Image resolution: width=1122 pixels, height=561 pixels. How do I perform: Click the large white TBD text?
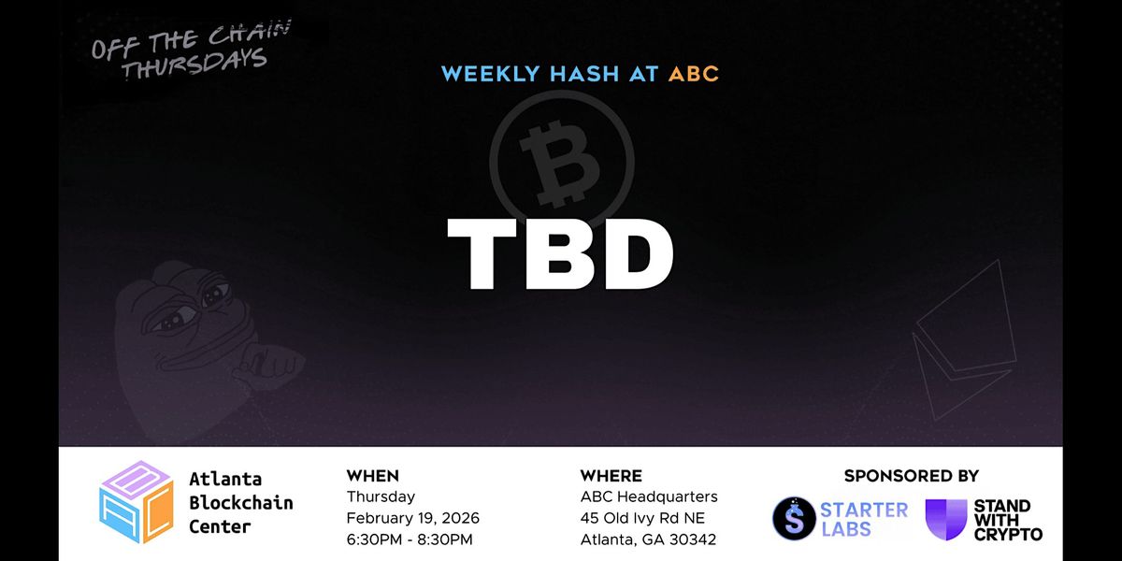tap(560, 254)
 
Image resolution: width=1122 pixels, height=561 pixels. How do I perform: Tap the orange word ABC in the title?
tap(694, 74)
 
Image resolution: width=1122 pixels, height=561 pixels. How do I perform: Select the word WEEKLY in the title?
tap(490, 74)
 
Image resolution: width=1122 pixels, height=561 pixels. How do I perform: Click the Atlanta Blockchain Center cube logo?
tap(137, 502)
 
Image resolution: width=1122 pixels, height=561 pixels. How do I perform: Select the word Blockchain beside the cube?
tap(241, 502)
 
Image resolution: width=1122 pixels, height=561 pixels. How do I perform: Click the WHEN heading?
tap(373, 475)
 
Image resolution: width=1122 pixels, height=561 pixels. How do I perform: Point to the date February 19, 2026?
tap(412, 518)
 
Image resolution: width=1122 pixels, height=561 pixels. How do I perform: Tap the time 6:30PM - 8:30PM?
tap(410, 539)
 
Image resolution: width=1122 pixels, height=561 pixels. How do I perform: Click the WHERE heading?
tap(611, 475)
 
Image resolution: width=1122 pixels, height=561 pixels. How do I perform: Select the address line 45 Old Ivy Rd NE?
tap(642, 518)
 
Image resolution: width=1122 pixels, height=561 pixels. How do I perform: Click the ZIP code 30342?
tap(693, 539)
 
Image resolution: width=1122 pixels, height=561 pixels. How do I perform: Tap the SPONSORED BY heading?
tap(911, 475)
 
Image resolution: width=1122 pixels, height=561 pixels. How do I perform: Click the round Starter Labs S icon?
tap(794, 518)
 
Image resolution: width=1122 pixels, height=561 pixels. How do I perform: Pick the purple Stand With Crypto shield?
tap(945, 519)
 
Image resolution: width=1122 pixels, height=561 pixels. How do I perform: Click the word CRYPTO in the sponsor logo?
tap(1008, 535)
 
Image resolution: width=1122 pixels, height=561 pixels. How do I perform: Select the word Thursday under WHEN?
tap(381, 496)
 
